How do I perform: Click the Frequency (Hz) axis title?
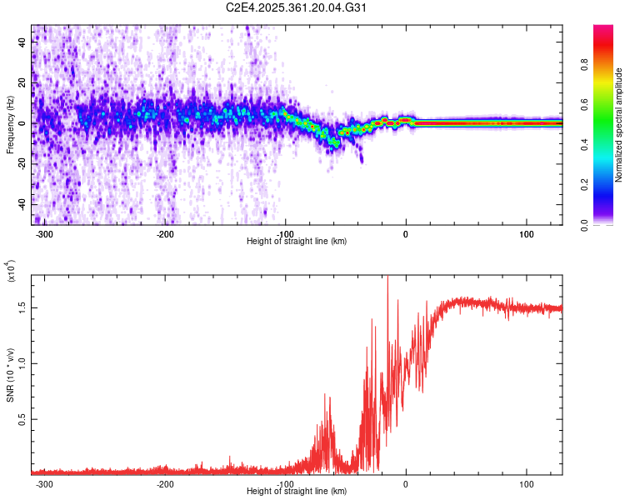(10, 125)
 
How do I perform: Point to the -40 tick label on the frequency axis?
(21, 204)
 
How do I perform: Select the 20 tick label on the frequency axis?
(22, 82)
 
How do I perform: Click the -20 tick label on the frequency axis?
(21, 163)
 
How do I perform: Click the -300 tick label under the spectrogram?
(45, 233)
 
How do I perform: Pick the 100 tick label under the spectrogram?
(527, 233)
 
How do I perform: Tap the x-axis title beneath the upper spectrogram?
(297, 241)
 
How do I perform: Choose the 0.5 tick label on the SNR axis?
(21, 418)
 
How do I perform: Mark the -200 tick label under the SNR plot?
(165, 484)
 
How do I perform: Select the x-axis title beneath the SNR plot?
(297, 492)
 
